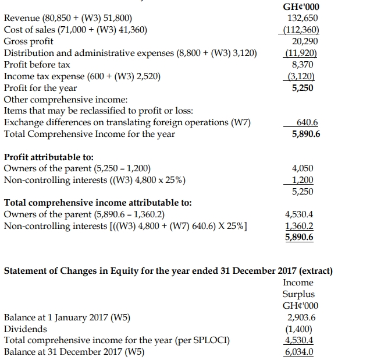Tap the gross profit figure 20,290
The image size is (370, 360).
(307, 42)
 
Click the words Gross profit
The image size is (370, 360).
(29, 42)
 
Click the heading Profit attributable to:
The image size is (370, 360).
(49, 157)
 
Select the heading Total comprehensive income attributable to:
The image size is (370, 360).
(98, 203)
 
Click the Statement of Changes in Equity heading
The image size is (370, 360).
(168, 271)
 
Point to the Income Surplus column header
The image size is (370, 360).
(298, 288)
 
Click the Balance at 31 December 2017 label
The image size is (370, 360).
(74, 352)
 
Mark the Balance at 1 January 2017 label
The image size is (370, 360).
(67, 317)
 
